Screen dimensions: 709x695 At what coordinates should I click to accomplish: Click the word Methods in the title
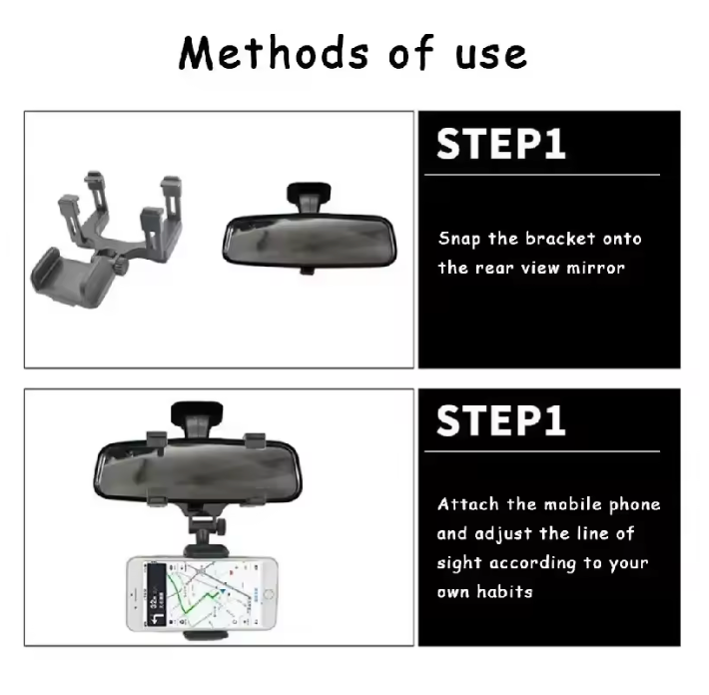pyautogui.click(x=274, y=53)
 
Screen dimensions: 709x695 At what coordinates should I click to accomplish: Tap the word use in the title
pyautogui.click(x=491, y=56)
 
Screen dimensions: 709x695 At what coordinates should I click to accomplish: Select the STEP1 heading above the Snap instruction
pyautogui.click(x=501, y=144)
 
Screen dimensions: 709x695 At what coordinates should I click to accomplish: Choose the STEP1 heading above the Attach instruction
pyautogui.click(x=501, y=420)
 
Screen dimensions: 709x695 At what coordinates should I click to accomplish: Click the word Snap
pyautogui.click(x=459, y=239)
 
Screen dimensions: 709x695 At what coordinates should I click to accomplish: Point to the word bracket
pyautogui.click(x=560, y=238)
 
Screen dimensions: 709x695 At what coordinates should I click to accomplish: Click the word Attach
pyautogui.click(x=468, y=503)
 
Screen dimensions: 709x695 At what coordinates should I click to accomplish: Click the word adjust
pyautogui.click(x=503, y=534)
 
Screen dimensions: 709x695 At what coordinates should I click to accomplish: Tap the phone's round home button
pyautogui.click(x=269, y=594)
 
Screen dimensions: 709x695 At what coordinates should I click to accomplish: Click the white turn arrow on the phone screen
pyautogui.click(x=158, y=618)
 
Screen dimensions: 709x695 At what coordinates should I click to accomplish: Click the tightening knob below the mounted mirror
pyautogui.click(x=221, y=526)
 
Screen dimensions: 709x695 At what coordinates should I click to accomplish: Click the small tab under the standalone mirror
pyautogui.click(x=308, y=271)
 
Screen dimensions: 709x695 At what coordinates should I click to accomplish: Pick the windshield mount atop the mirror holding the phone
pyautogui.click(x=197, y=418)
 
